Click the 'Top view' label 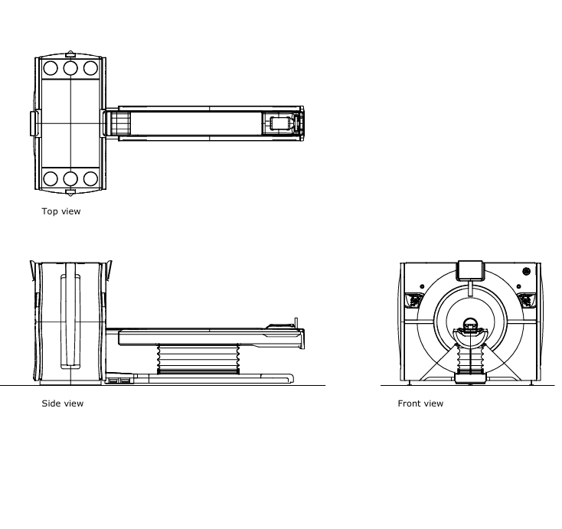click(60, 211)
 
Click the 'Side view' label click(62, 403)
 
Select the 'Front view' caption click(420, 403)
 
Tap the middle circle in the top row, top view click(70, 68)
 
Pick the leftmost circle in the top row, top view click(51, 68)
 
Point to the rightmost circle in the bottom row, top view click(90, 179)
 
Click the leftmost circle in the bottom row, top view click(51, 179)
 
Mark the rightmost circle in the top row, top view click(90, 68)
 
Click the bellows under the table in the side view click(198, 358)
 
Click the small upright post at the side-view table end click(296, 322)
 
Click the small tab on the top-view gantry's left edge click(33, 123)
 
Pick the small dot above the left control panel click(422, 286)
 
